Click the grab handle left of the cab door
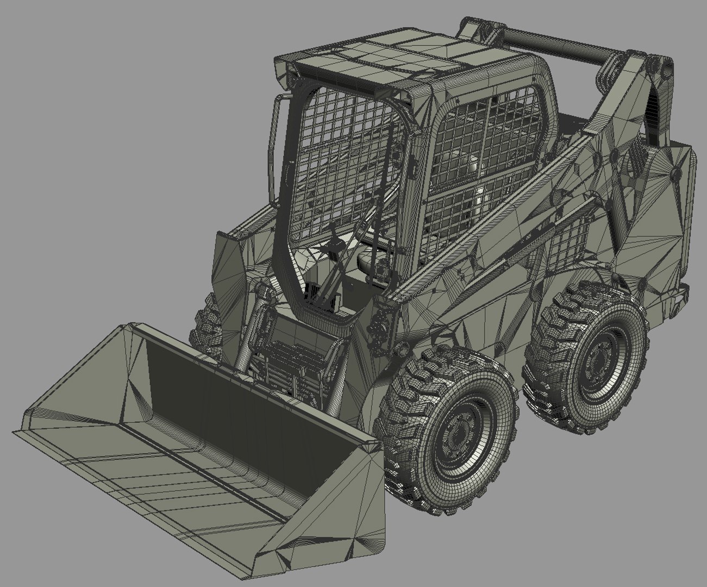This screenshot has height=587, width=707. click(x=274, y=147)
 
